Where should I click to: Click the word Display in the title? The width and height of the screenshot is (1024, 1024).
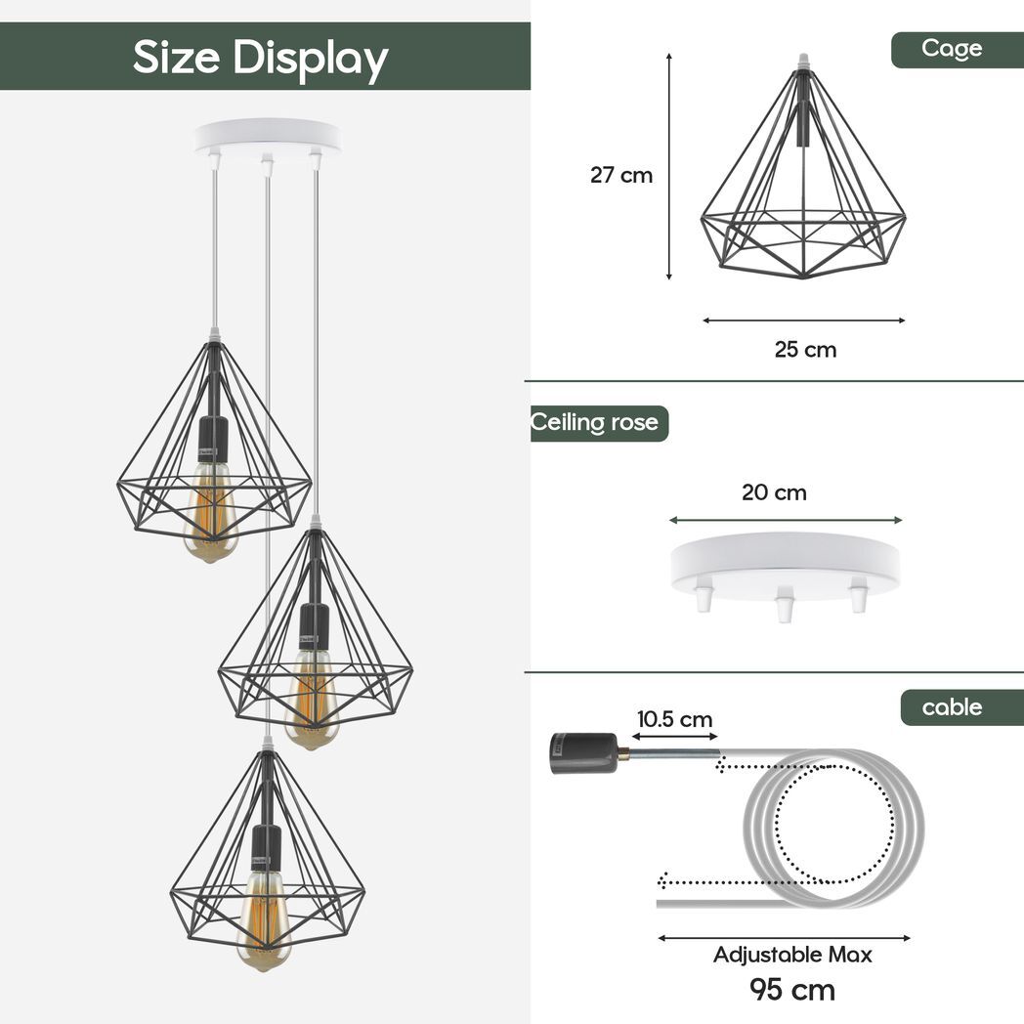[x=310, y=58]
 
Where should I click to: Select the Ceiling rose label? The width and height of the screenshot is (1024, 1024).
[x=597, y=423]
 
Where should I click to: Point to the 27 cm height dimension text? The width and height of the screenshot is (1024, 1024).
[x=620, y=176]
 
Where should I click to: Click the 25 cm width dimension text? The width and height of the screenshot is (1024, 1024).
[x=805, y=349]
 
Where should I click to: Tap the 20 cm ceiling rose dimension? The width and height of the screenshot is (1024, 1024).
[x=774, y=492]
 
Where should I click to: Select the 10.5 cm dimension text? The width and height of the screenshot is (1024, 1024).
[x=674, y=720]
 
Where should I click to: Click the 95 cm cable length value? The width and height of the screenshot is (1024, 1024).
[x=792, y=989]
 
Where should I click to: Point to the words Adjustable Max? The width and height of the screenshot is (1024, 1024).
[x=792, y=955]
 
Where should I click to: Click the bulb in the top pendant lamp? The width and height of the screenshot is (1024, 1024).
[x=210, y=513]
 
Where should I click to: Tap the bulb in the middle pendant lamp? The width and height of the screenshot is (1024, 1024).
[x=312, y=699]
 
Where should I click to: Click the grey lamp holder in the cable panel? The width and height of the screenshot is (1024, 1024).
[x=583, y=752]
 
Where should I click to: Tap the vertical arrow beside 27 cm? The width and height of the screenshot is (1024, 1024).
[x=669, y=166]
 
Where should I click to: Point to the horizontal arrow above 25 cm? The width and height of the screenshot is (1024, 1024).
[x=803, y=320]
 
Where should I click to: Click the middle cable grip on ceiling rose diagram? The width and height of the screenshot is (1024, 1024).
[x=784, y=605]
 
